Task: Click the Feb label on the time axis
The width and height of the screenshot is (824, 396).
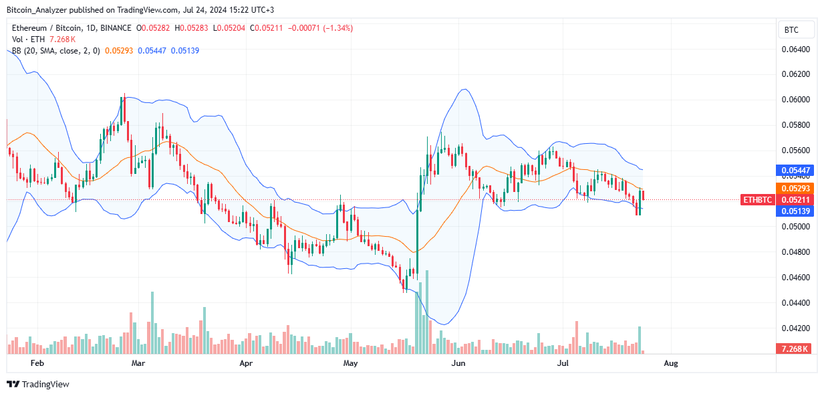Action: [x=37, y=363]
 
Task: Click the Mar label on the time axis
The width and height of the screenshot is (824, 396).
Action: [x=138, y=363]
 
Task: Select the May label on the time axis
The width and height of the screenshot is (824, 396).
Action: [x=350, y=363]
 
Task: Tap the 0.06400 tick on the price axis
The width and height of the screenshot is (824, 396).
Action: [x=796, y=49]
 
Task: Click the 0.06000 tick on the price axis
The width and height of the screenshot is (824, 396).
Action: [x=796, y=100]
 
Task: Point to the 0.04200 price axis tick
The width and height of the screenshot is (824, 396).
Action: [x=796, y=328]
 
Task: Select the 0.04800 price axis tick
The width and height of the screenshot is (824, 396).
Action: [x=796, y=252]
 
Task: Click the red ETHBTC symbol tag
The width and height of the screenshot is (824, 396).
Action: [x=758, y=199]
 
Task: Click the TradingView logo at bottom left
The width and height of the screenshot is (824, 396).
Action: [x=38, y=384]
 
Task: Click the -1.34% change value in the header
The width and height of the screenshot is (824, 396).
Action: [x=339, y=28]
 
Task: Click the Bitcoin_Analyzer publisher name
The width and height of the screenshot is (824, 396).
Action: [x=36, y=10]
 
